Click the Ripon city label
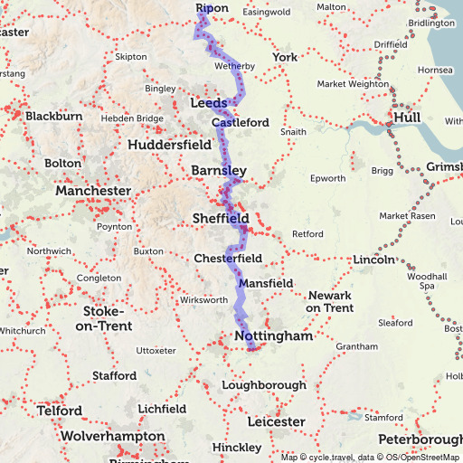click(x=213, y=8)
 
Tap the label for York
click(x=285, y=58)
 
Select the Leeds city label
click(x=209, y=104)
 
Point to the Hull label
click(x=403, y=118)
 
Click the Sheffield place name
click(x=221, y=219)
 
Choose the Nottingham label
click(x=273, y=336)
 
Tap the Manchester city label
click(x=93, y=192)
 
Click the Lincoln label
click(x=373, y=260)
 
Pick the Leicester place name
click(x=276, y=422)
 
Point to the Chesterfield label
click(x=228, y=259)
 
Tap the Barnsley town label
click(x=219, y=170)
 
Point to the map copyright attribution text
click(x=370, y=457)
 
